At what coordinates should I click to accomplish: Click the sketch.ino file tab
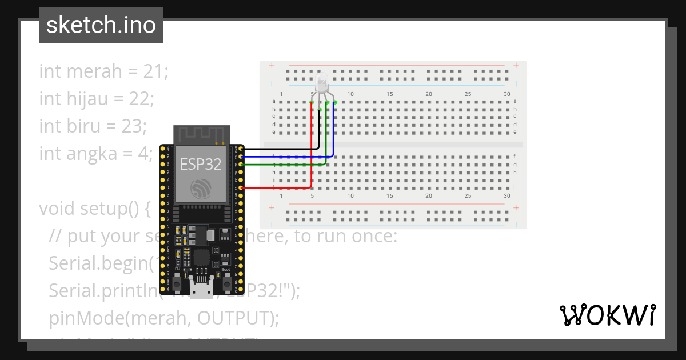point(101,25)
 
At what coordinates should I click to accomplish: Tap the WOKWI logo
point(607,315)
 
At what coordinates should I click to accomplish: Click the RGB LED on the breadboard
point(322,83)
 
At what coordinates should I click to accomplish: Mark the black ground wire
point(280,149)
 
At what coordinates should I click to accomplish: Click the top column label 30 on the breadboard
point(507,94)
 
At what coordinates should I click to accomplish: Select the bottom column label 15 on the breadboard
point(390,195)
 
